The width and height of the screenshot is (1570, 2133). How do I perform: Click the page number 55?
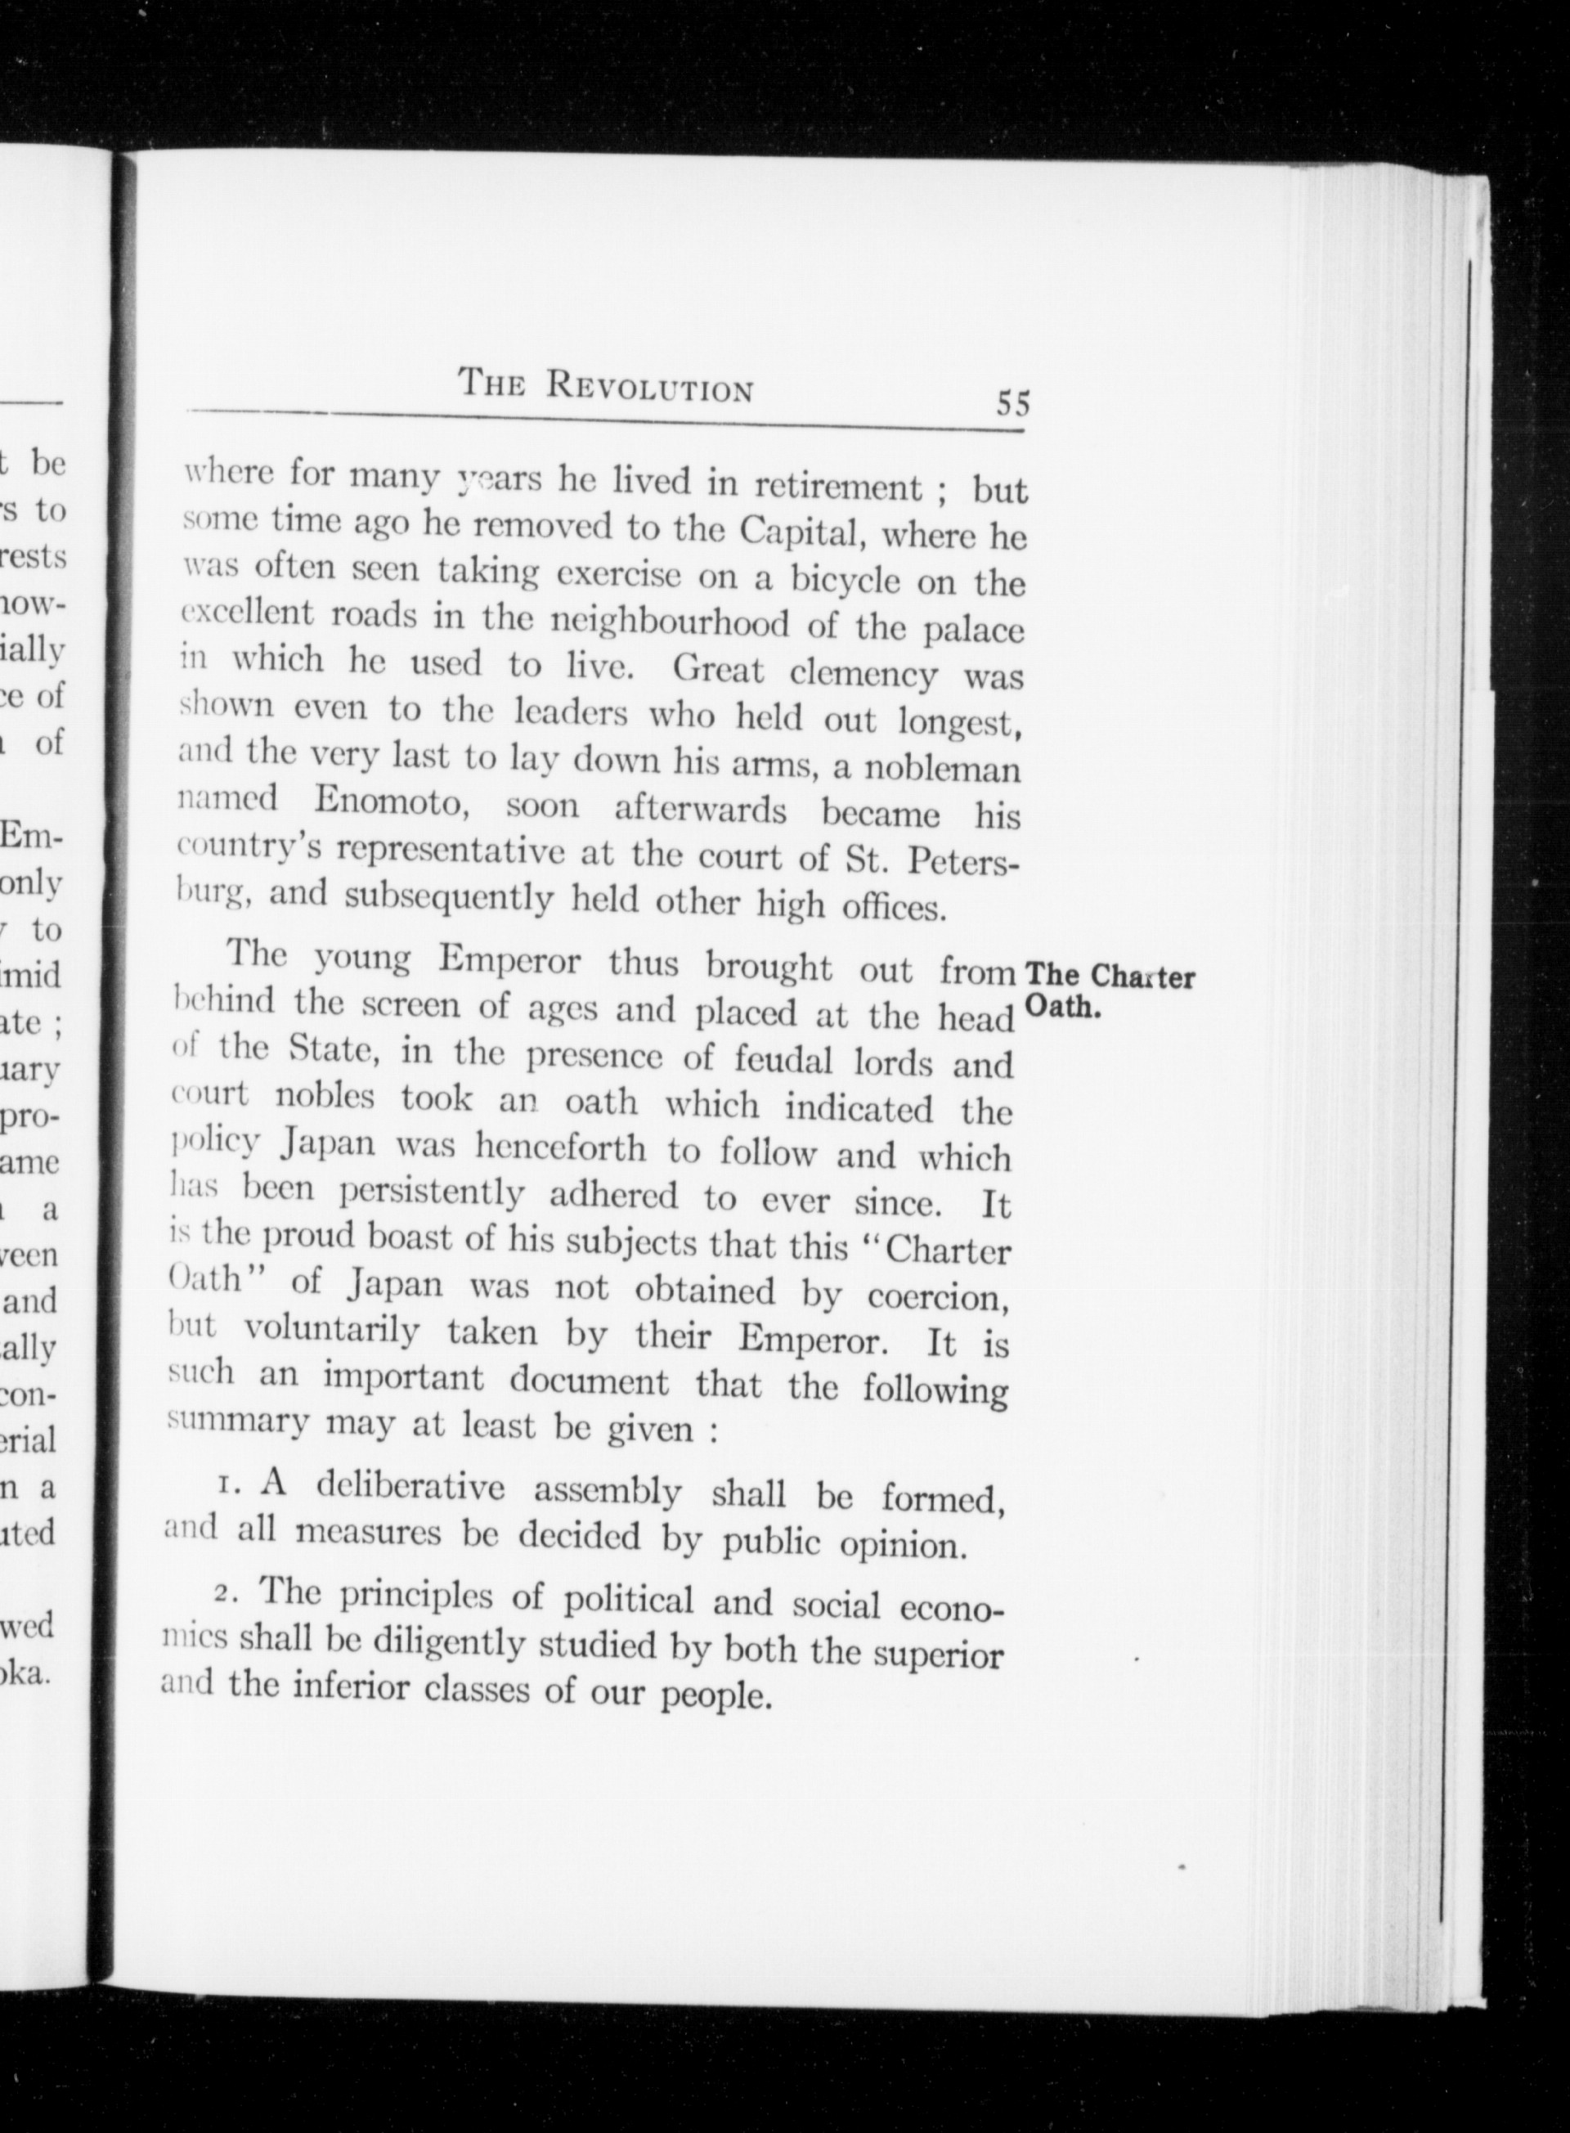pos(1012,403)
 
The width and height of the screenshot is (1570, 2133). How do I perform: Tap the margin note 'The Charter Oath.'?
pos(1109,990)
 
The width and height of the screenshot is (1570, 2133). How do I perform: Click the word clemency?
pos(863,673)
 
